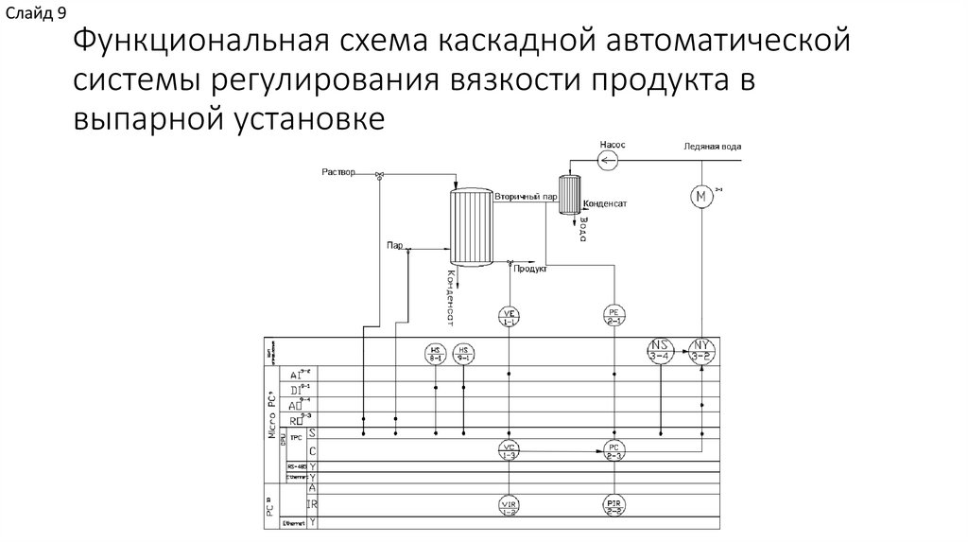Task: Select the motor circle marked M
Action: point(701,197)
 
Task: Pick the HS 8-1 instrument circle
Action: point(436,353)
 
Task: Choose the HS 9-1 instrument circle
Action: point(464,353)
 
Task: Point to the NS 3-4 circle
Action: point(661,351)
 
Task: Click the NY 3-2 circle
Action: point(701,351)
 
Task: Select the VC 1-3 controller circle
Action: point(510,451)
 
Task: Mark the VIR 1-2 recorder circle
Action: point(510,507)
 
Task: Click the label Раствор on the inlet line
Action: point(338,172)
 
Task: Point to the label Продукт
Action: point(531,269)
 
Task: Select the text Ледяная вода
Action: point(718,147)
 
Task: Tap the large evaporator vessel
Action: point(470,226)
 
